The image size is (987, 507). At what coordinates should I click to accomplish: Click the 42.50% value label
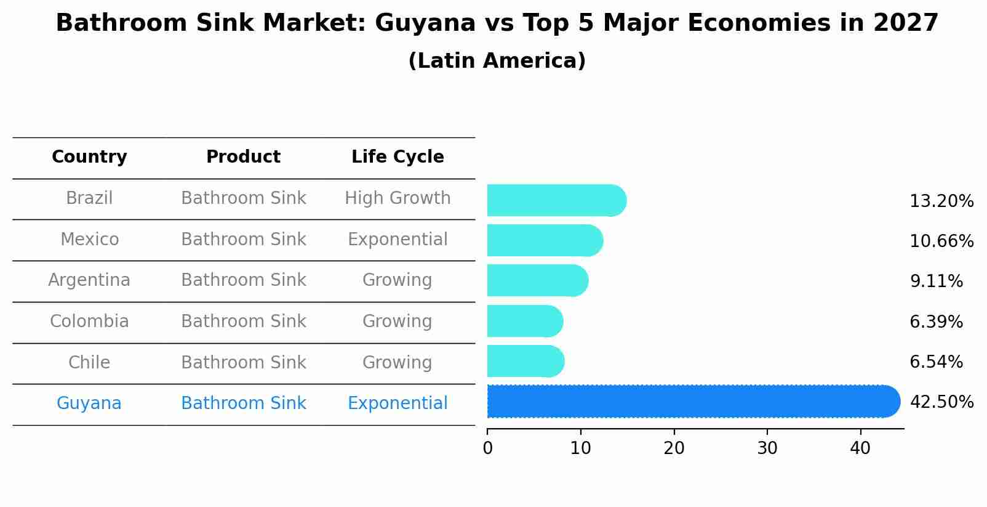(x=941, y=402)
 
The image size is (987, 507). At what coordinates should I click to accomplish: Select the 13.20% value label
(x=941, y=201)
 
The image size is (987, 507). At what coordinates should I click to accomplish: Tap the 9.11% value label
(x=936, y=282)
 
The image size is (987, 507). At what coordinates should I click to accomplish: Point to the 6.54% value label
(x=936, y=362)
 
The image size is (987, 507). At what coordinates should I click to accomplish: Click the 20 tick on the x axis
(x=674, y=448)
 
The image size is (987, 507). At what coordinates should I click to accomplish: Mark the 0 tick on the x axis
(x=487, y=448)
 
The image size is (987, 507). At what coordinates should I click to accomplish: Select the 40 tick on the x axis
(x=860, y=448)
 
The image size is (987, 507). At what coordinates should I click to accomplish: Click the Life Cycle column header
(x=398, y=157)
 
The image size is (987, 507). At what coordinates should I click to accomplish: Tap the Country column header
(x=89, y=157)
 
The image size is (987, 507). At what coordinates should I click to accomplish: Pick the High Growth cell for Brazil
(x=398, y=198)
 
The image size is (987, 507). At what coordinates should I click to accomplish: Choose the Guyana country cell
(x=89, y=404)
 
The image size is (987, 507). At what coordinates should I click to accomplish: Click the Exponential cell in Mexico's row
(x=398, y=240)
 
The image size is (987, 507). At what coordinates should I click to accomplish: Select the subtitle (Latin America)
(x=497, y=61)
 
